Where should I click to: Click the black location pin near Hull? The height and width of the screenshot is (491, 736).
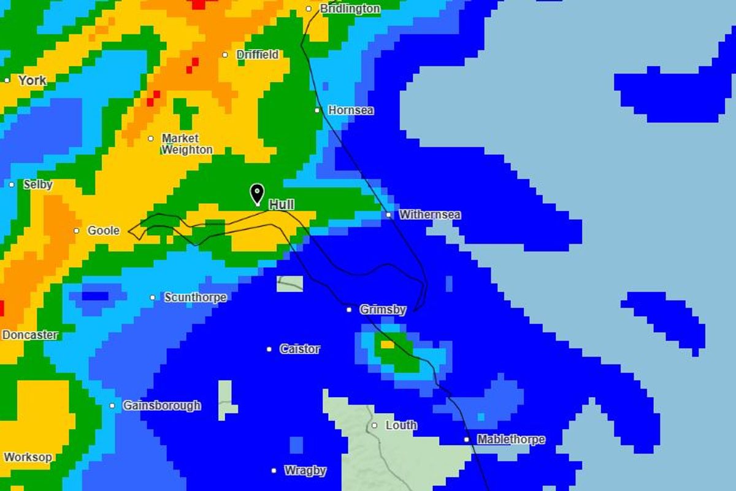257,194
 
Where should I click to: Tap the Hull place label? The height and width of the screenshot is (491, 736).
281,205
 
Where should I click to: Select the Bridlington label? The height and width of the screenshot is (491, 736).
350,9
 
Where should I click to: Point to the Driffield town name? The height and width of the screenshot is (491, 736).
258,55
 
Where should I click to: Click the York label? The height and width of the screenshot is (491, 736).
32,80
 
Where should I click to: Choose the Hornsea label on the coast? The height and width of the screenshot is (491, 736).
351,110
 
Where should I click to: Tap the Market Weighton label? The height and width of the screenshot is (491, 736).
187,144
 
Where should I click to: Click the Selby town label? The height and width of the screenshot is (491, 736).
38,184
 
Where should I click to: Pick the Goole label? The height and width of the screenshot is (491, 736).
104,231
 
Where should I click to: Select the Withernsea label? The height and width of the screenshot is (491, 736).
429,215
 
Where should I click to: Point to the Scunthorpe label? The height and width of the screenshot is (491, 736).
195,298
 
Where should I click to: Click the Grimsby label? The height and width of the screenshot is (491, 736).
383,310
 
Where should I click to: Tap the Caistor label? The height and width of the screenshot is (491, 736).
300,349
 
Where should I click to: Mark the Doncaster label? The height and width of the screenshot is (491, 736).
30,335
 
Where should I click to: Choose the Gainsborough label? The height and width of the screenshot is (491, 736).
162,406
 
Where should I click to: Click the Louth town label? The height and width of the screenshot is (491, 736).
401,425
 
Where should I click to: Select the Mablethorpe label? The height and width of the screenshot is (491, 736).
511,439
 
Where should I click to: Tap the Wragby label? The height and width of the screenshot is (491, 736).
305,471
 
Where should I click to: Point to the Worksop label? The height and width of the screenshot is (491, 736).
28,457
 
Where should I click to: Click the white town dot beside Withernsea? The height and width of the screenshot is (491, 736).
388,215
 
